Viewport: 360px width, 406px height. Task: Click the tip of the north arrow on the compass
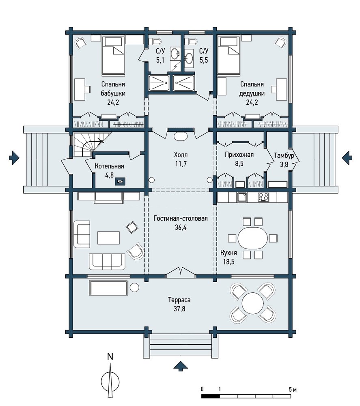110,363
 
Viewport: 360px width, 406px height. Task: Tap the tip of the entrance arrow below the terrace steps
181,361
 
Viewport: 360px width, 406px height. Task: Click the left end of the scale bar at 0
202,396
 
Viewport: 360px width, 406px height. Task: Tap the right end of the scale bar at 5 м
291,396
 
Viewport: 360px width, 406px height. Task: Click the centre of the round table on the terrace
252,303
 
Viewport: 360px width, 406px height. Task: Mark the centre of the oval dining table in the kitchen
252,238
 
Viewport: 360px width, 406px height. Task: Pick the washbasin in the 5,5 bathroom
189,57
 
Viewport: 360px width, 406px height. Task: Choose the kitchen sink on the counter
242,198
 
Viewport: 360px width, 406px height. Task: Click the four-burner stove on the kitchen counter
263,197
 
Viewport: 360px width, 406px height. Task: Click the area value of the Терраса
179,309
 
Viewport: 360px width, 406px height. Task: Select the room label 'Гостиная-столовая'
181,218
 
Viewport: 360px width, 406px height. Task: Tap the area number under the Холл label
181,164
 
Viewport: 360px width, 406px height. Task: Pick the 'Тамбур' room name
284,155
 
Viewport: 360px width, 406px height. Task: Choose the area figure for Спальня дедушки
252,102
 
